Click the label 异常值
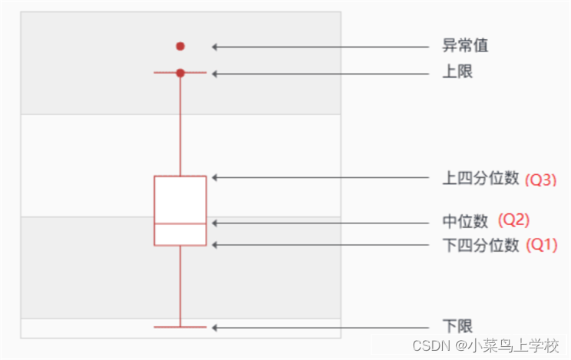465,46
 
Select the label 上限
457,73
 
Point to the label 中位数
465,222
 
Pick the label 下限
457,327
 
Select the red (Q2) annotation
514,220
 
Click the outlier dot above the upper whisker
180,46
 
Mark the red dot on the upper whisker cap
180,73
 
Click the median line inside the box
180,223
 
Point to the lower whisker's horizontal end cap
180,327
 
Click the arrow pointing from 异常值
322,46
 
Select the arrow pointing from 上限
322,73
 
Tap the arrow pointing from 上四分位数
322,177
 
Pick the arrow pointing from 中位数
322,223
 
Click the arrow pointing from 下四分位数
322,245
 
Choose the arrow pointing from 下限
322,327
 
